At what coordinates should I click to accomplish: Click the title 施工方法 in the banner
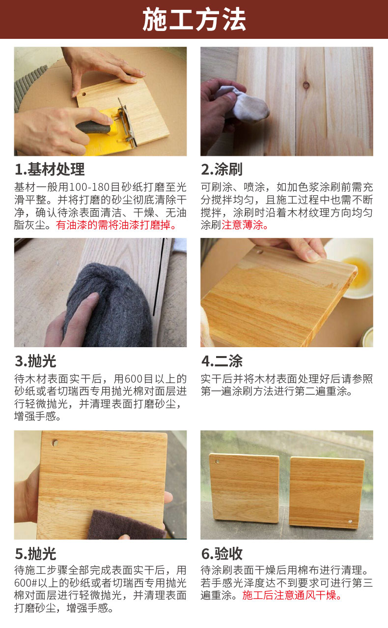tap(194, 20)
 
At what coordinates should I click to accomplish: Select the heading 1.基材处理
tap(50, 169)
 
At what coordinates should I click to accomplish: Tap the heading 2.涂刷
tap(222, 169)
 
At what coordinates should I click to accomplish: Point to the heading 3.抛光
tap(35, 361)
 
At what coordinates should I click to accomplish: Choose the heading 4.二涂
tap(222, 361)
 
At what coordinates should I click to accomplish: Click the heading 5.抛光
tap(35, 554)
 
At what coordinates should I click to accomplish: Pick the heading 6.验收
tap(222, 554)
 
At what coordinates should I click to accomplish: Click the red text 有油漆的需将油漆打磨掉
tap(116, 225)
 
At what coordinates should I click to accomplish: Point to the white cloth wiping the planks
tap(243, 103)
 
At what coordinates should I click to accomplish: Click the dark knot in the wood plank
tap(306, 85)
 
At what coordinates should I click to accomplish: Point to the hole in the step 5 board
tap(55, 443)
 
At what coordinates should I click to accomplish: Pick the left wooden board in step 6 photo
tap(244, 488)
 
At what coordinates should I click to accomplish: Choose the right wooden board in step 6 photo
tap(327, 492)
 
